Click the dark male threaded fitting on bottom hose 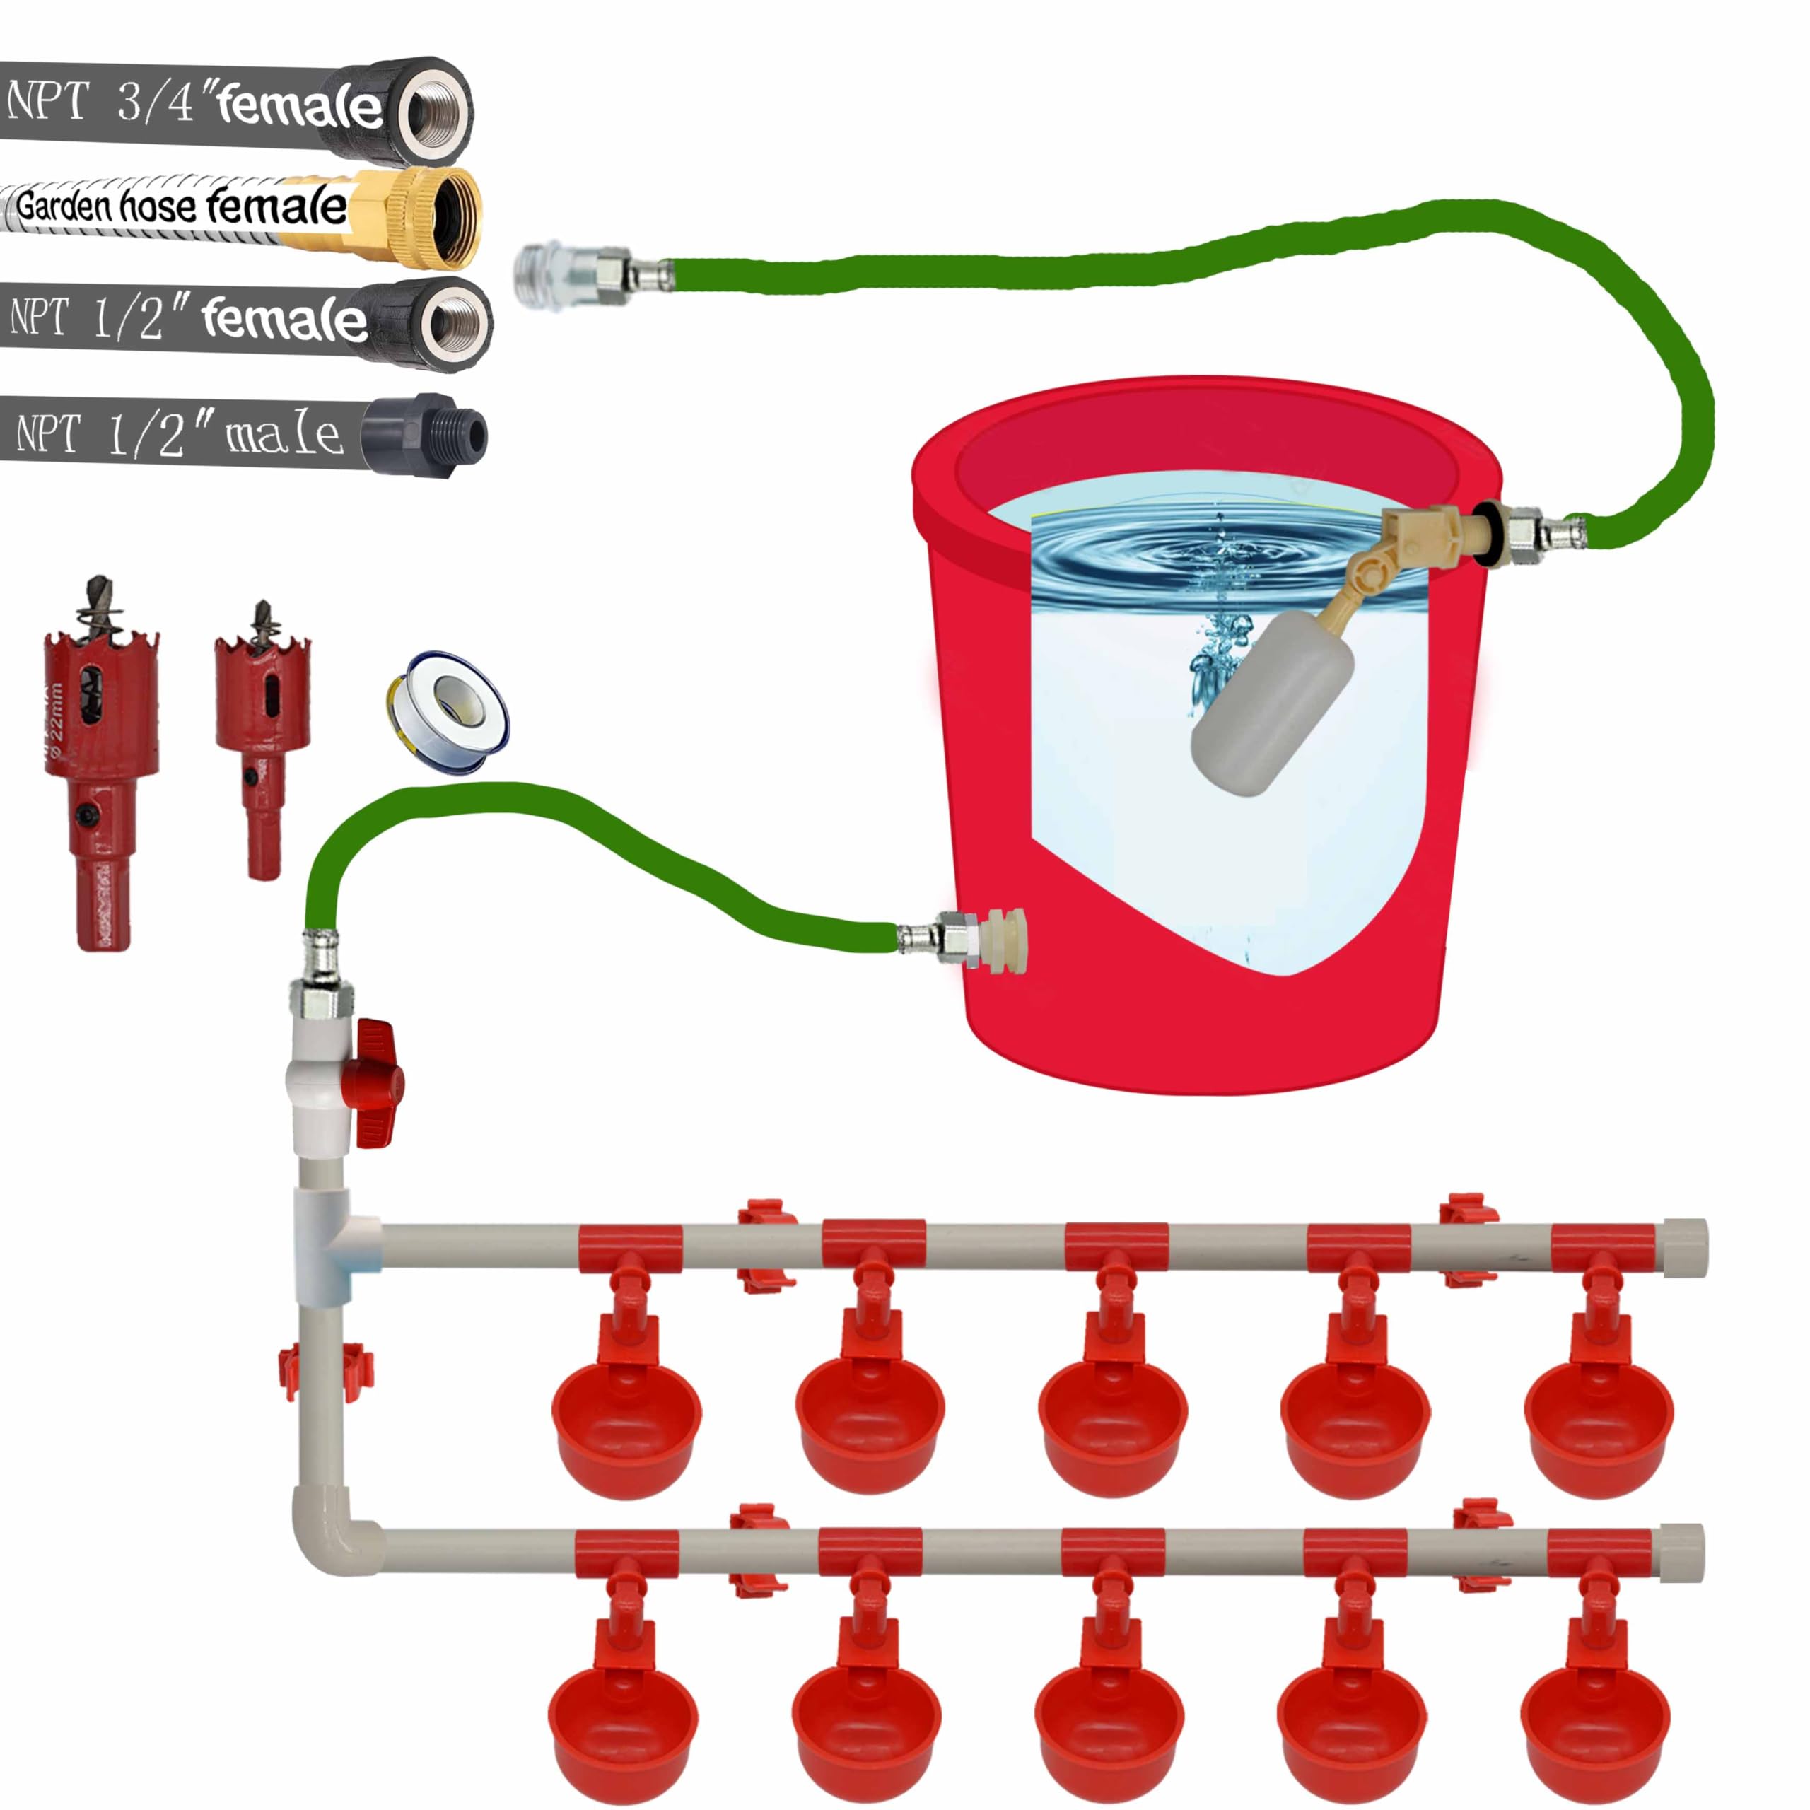(426, 433)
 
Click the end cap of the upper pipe (1684, 1248)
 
